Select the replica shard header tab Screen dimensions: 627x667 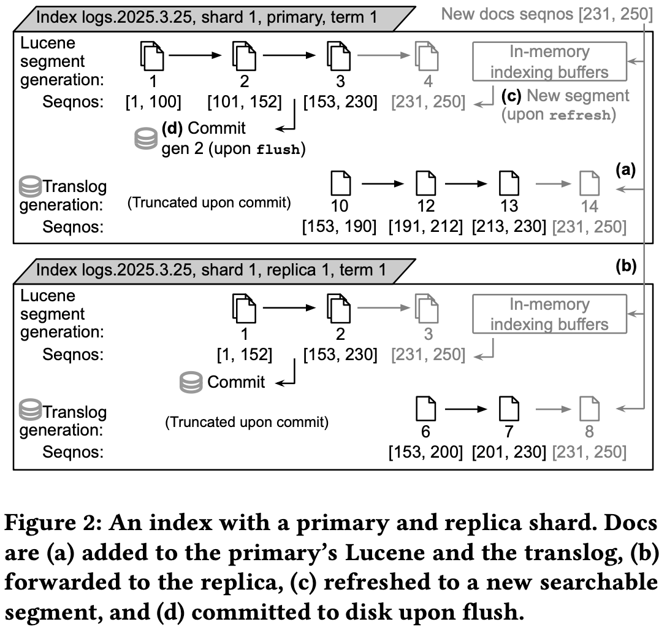tap(211, 269)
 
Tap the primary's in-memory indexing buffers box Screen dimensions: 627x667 tap(549, 61)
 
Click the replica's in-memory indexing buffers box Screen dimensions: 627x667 tap(549, 314)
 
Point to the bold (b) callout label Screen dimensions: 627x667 tap(626, 266)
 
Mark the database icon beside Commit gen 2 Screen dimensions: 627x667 tap(145, 139)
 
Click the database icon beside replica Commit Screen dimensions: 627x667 tap(191, 382)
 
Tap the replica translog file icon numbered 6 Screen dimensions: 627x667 tap(425, 408)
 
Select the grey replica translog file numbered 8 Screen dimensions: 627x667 tap(589, 408)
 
